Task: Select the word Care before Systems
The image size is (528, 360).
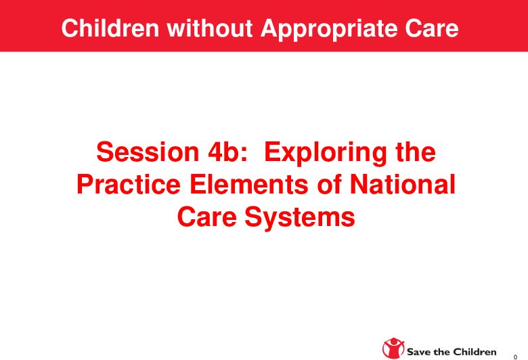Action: coord(208,217)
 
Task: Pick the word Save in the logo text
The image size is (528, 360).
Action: coord(419,352)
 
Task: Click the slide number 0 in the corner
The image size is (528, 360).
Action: coord(516,354)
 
